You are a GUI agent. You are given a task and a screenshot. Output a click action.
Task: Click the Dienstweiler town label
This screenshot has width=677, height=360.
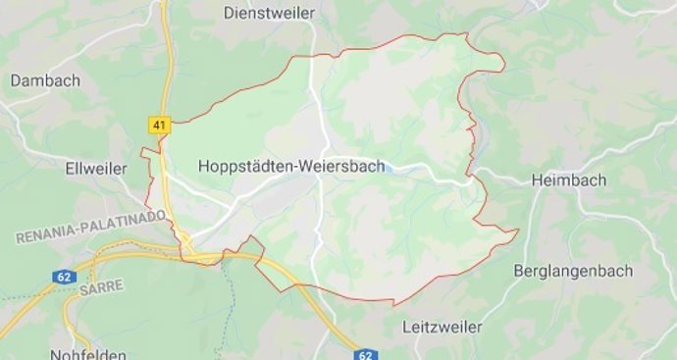tap(268, 13)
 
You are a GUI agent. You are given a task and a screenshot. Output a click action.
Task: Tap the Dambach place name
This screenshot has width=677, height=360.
tap(45, 81)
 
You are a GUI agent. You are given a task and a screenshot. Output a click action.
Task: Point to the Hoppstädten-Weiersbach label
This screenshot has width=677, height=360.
tap(291, 167)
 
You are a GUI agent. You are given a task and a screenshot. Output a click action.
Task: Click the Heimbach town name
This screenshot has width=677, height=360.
tap(568, 180)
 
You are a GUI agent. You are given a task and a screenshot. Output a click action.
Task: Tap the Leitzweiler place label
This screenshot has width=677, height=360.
tap(445, 324)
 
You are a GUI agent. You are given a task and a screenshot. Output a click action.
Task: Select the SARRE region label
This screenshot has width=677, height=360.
tap(102, 285)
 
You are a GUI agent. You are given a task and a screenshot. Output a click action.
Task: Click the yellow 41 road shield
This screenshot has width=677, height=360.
tap(159, 125)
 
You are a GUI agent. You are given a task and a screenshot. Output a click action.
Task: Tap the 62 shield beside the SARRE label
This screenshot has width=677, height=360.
tap(63, 279)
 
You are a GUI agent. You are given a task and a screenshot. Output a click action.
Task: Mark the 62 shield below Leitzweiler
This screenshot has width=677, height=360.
tap(366, 354)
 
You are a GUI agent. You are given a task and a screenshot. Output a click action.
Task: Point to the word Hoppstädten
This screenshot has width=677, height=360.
tap(245, 167)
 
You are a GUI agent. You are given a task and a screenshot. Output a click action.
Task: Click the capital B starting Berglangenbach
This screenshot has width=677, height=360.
tap(520, 271)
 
